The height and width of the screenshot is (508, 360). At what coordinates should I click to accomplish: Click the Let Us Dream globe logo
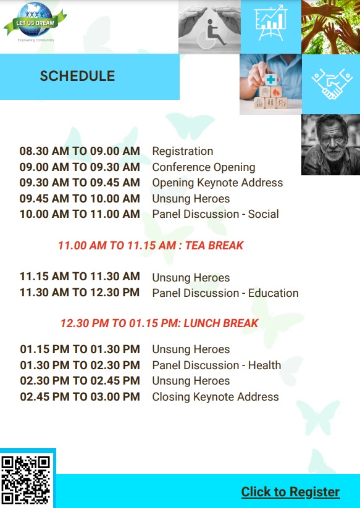[35, 20]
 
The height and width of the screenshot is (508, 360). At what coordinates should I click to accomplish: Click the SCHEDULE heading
[77, 76]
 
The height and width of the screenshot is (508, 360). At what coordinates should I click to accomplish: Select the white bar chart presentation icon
[270, 23]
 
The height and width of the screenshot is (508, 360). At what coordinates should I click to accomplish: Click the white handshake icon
[332, 84]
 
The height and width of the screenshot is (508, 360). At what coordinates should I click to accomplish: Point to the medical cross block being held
[271, 80]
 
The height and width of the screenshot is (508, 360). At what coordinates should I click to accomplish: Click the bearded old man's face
[331, 139]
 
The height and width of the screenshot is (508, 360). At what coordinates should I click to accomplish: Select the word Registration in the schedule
[182, 151]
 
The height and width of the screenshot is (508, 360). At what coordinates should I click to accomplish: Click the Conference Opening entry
[204, 167]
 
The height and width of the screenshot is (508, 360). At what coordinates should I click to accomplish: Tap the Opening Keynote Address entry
[217, 183]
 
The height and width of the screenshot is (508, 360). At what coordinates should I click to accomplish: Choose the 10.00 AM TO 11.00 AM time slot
[80, 214]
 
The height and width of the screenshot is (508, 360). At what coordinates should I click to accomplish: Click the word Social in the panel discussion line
[263, 214]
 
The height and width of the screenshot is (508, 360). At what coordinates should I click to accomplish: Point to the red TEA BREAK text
[214, 245]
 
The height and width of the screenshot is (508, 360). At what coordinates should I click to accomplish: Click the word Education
[273, 293]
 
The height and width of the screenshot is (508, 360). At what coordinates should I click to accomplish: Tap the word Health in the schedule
[264, 365]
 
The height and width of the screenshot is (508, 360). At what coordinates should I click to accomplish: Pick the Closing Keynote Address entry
[216, 397]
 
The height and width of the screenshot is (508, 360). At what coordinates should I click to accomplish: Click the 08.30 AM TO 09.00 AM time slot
[80, 151]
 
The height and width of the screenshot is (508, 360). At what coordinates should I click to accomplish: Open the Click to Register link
[290, 492]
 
